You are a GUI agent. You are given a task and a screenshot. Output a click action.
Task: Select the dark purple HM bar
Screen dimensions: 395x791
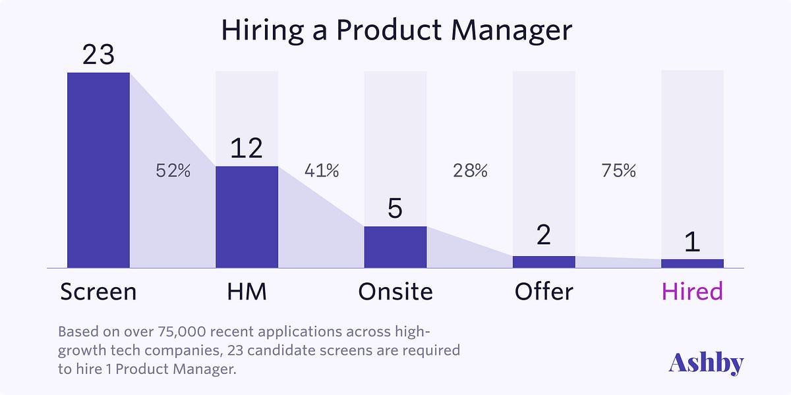(x=247, y=217)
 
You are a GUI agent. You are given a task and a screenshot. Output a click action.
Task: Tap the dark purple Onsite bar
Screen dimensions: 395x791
(x=395, y=247)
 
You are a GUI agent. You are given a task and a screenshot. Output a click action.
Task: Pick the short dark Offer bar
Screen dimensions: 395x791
(x=544, y=262)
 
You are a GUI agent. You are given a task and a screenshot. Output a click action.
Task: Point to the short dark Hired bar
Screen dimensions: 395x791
(x=692, y=263)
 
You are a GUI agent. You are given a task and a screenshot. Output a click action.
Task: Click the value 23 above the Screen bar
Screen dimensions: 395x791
(x=98, y=55)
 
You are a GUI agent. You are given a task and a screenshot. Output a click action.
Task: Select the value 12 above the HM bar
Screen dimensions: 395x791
(x=247, y=149)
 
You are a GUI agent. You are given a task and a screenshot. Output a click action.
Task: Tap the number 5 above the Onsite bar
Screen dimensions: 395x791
(x=395, y=209)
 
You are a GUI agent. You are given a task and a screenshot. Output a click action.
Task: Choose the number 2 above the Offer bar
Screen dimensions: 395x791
(x=544, y=235)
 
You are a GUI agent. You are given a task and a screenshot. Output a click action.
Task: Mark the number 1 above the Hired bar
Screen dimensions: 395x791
(x=692, y=242)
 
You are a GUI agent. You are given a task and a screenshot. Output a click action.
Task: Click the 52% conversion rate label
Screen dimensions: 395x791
(x=173, y=171)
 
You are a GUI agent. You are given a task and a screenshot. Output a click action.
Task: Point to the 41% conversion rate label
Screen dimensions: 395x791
(x=321, y=171)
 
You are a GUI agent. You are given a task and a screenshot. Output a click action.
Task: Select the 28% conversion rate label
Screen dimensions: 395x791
(x=470, y=171)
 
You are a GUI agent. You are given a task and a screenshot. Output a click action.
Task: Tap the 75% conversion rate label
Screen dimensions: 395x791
(x=618, y=171)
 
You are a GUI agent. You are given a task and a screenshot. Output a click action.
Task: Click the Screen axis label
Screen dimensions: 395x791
(x=98, y=291)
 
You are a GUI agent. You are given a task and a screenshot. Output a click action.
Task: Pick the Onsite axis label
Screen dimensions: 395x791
(x=395, y=291)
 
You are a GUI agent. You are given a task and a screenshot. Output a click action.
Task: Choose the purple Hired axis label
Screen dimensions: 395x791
(x=692, y=291)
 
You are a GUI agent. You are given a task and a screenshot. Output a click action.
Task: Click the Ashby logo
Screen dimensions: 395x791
(x=706, y=363)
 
